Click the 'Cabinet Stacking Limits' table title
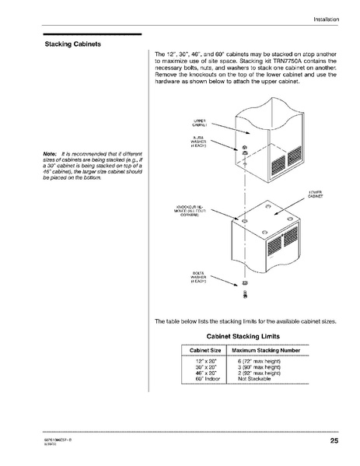243,336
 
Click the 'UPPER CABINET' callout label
197,123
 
